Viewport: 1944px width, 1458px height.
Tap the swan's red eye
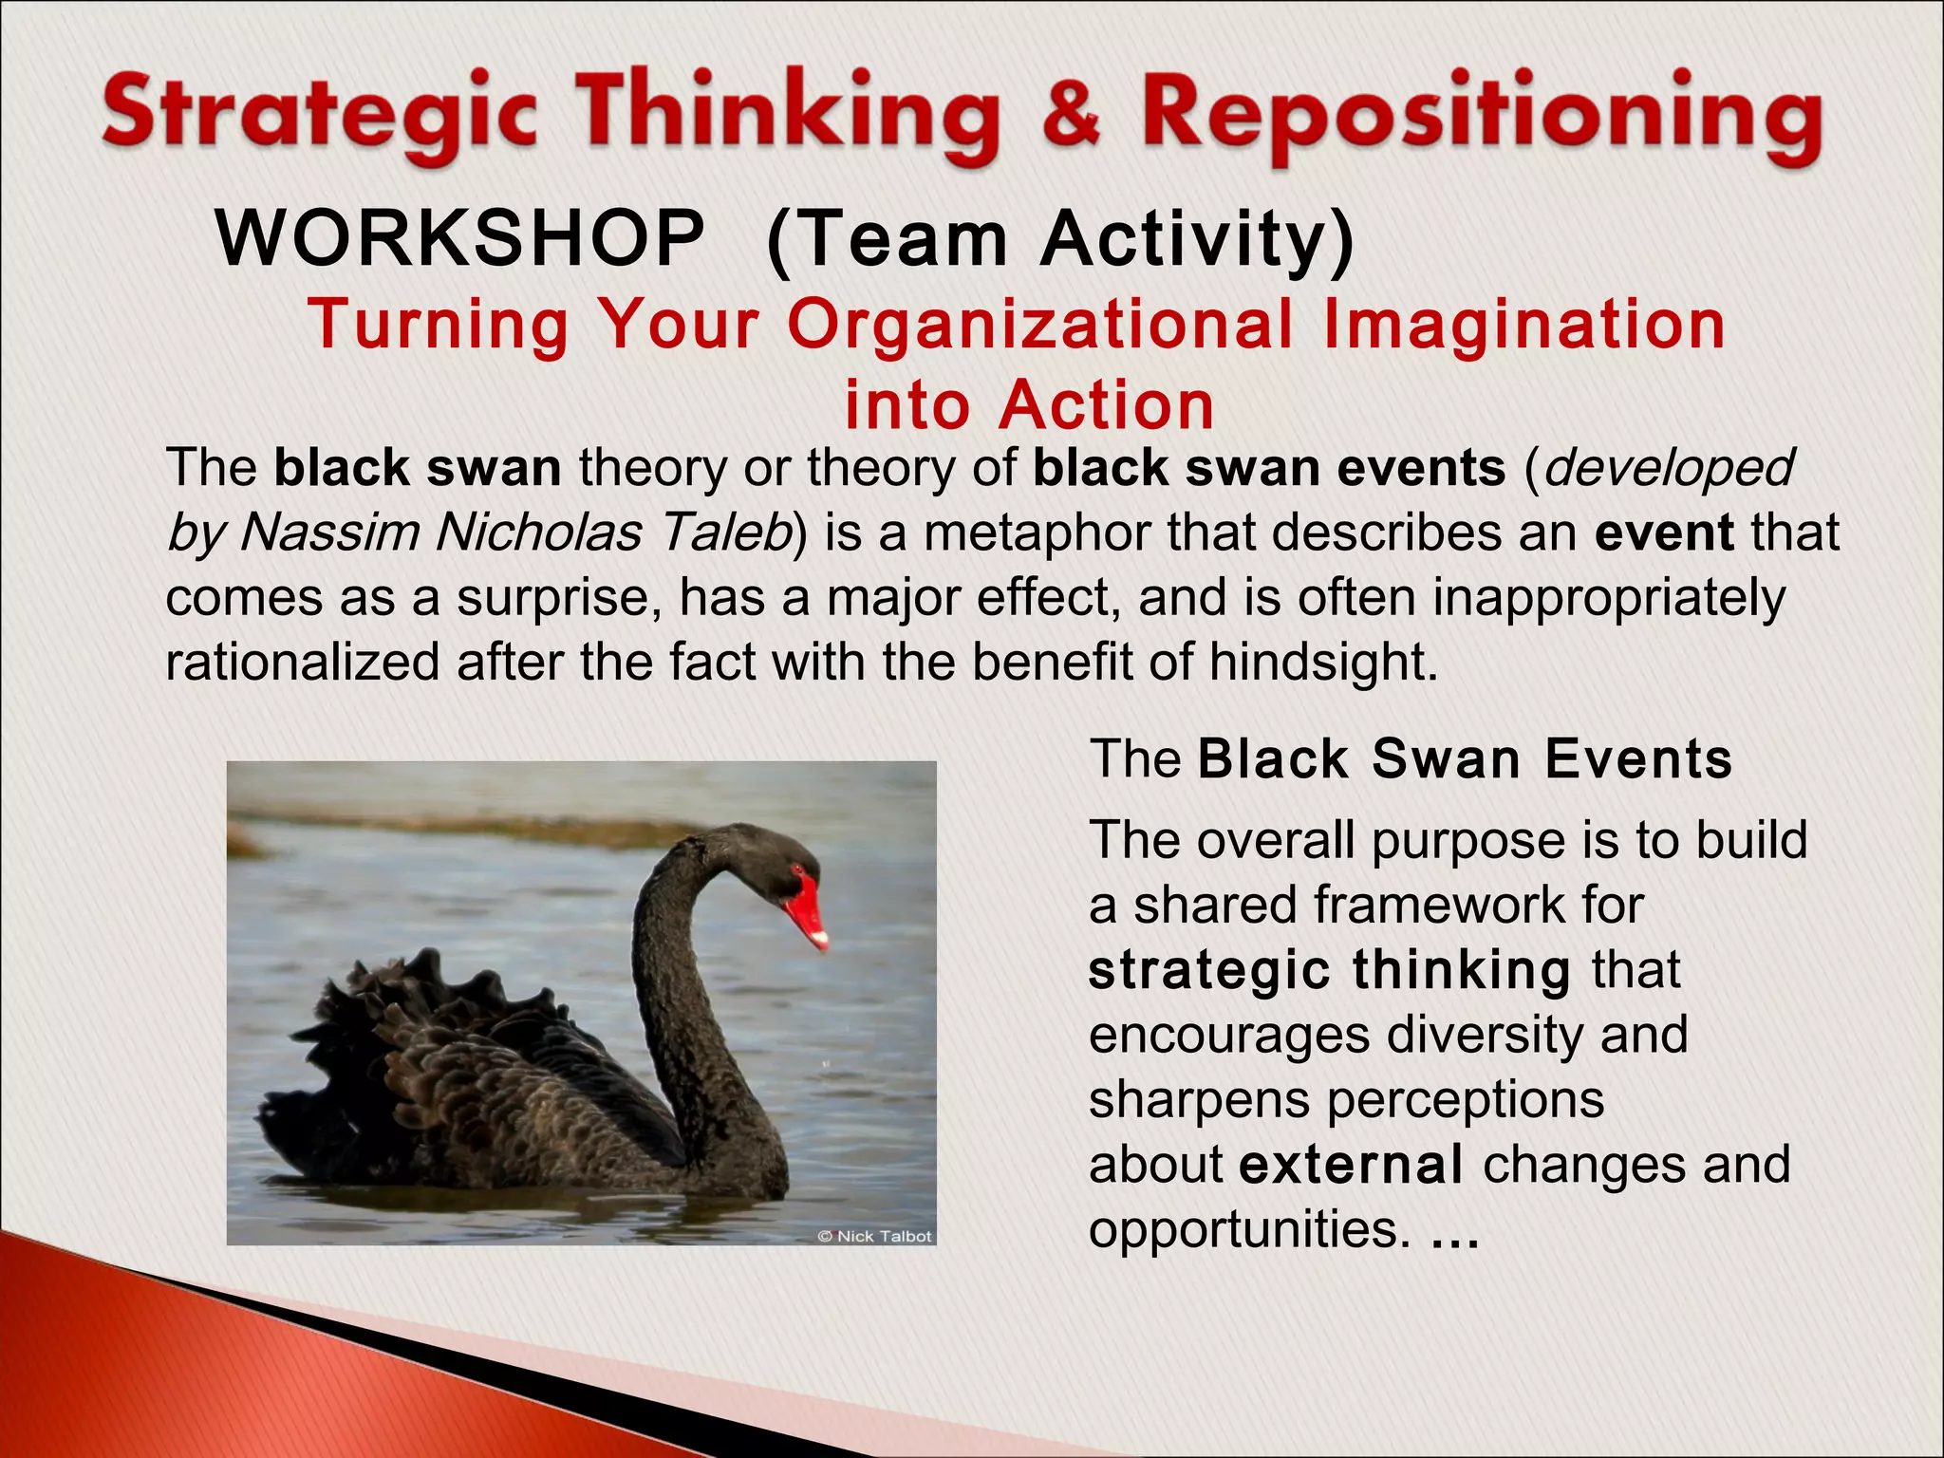[797, 869]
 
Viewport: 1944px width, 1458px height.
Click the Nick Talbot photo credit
[874, 1236]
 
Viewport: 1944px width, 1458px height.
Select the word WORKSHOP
[461, 238]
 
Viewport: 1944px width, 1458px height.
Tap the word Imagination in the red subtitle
[1523, 325]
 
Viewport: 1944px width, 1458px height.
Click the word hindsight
[1323, 662]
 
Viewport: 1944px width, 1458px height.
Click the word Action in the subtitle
[1107, 406]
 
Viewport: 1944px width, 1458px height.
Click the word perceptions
[1466, 1099]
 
